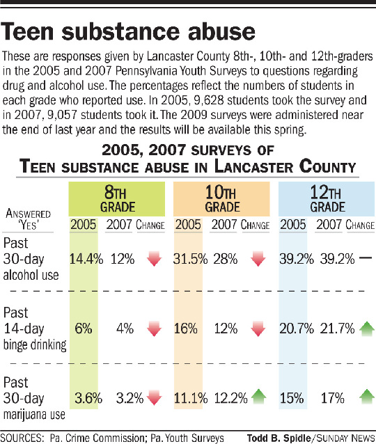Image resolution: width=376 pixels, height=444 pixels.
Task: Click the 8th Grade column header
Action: [117, 199]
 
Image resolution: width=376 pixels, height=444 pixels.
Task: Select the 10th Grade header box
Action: [221, 199]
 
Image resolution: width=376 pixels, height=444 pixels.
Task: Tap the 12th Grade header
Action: [327, 199]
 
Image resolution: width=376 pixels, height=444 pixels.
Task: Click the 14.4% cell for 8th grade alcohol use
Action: [86, 259]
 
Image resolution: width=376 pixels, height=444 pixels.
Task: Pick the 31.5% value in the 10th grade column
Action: [190, 259]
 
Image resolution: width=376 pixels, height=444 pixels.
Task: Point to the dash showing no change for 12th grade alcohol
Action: [366, 257]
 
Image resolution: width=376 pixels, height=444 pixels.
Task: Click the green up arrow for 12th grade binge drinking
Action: [367, 328]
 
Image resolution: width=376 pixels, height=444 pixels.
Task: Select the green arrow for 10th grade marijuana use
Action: [259, 397]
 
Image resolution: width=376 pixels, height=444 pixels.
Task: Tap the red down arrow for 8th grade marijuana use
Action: [154, 397]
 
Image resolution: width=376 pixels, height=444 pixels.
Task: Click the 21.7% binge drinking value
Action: [337, 328]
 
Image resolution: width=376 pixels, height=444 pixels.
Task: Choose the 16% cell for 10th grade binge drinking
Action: [186, 328]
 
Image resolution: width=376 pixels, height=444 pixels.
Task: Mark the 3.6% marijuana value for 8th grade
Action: [88, 398]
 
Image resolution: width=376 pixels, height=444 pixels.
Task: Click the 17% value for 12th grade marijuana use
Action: [332, 398]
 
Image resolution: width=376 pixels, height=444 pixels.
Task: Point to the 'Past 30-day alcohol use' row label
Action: [31, 259]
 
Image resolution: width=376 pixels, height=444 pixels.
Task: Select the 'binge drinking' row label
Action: [35, 344]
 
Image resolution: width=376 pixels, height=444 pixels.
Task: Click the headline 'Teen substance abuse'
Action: [128, 31]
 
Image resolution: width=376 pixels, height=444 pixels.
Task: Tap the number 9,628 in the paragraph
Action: [209, 100]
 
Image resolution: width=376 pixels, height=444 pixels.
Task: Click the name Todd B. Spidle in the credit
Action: [279, 438]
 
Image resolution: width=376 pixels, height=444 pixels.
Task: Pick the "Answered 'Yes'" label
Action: [28, 219]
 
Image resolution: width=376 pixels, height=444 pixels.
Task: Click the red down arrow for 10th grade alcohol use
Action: [258, 258]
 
